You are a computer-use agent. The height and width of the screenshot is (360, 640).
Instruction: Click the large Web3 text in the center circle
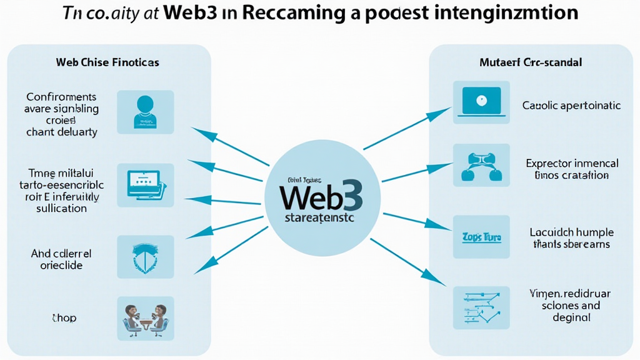click(x=321, y=197)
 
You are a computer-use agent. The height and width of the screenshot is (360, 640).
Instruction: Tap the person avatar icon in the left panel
click(x=144, y=111)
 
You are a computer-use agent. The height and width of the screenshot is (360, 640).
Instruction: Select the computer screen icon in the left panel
click(x=144, y=182)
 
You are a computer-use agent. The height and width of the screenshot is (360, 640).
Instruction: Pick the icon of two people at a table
click(x=144, y=318)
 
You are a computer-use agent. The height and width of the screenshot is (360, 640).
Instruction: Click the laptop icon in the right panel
click(x=481, y=101)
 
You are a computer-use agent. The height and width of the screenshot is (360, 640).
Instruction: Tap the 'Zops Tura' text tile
click(x=480, y=238)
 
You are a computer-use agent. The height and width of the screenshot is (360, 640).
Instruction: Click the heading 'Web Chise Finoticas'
click(x=107, y=62)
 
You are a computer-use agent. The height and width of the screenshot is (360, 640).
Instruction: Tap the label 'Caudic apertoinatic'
click(x=571, y=106)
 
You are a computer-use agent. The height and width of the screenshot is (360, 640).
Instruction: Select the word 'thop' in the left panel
click(x=64, y=318)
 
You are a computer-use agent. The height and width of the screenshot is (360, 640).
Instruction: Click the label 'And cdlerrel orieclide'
click(x=61, y=259)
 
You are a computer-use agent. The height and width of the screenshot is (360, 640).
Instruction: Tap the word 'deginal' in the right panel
click(x=571, y=317)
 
